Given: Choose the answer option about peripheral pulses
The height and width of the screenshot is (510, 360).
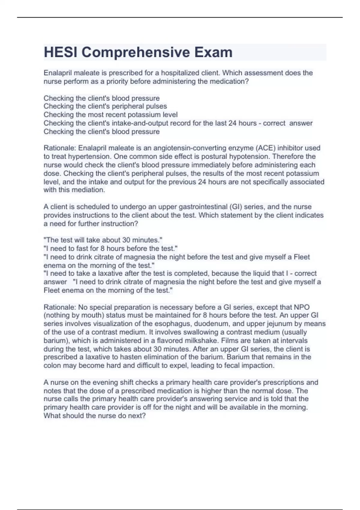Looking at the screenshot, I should click(105, 106).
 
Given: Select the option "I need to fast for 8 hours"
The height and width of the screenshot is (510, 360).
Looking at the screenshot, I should click(110, 248).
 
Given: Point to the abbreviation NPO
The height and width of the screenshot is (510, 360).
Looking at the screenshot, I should click(301, 307).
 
